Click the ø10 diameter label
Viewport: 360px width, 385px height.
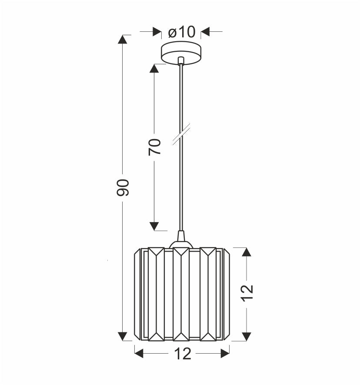pyautogui.click(x=182, y=32)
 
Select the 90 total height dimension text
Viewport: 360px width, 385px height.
pyautogui.click(x=123, y=188)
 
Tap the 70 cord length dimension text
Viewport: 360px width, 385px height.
pyautogui.click(x=155, y=147)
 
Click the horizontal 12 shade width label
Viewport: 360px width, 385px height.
pyautogui.click(x=183, y=354)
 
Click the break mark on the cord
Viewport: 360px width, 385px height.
pyautogui.click(x=181, y=134)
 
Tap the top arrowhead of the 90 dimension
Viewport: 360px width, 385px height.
pyautogui.click(x=122, y=40)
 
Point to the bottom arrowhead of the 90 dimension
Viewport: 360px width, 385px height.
pyautogui.click(x=122, y=336)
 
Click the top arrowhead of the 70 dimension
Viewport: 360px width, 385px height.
pyautogui.click(x=154, y=69)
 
